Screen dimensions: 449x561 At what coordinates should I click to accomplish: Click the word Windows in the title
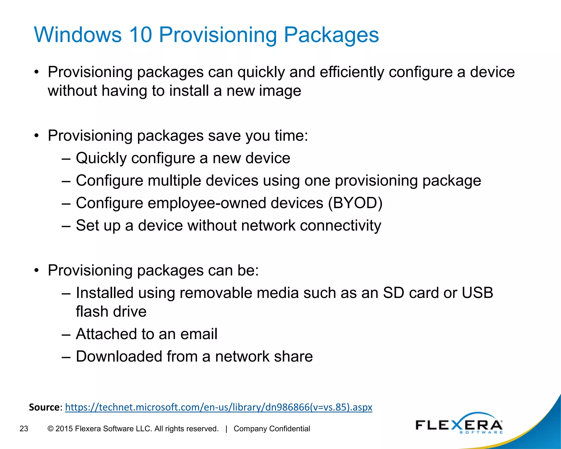[x=78, y=35]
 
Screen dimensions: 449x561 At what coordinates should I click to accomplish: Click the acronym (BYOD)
[x=355, y=203]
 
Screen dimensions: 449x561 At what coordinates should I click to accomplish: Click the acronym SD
[x=393, y=293]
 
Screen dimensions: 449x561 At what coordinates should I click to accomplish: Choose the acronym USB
[x=477, y=293]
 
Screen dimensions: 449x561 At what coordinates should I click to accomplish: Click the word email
[x=199, y=334]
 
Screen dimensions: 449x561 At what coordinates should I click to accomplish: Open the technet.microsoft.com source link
[x=219, y=407]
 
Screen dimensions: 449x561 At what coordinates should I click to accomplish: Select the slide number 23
[x=24, y=429]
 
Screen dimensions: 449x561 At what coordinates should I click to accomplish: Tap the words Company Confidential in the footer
[x=272, y=429]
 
